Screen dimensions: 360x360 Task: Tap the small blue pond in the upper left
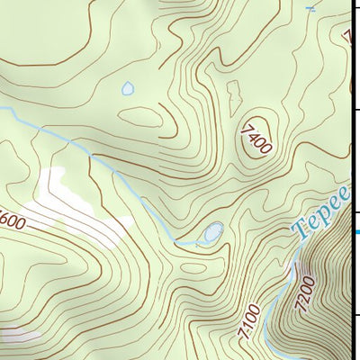tap(128, 89)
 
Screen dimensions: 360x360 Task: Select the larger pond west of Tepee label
tap(212, 233)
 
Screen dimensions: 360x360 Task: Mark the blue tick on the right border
tap(355, 231)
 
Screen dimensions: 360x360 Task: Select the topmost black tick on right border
tap(355, 8)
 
